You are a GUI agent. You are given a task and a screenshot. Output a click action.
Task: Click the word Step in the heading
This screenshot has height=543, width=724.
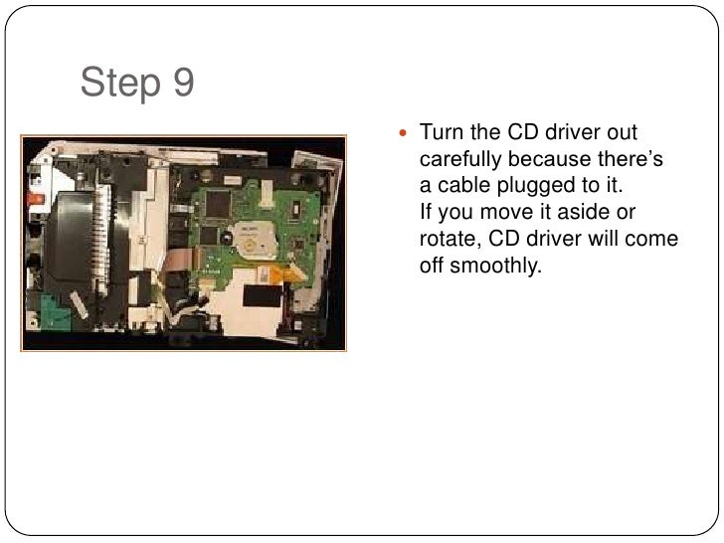(118, 86)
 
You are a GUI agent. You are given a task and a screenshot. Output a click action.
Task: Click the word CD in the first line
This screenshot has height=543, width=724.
(522, 132)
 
